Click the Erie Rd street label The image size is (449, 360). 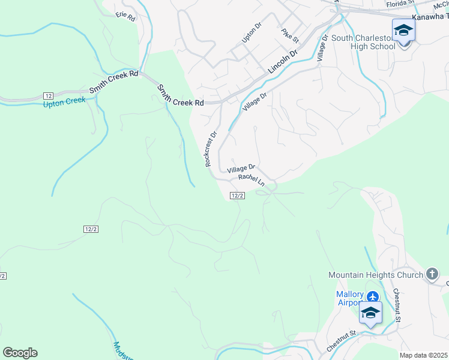click(x=126, y=16)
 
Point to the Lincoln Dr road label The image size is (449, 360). click(x=283, y=62)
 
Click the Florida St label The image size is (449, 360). click(x=400, y=3)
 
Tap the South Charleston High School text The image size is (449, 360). click(x=363, y=42)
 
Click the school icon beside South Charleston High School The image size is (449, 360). click(x=403, y=31)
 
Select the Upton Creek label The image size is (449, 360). click(x=65, y=102)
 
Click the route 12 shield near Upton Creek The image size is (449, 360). click(x=49, y=95)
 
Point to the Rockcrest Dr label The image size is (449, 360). click(x=209, y=149)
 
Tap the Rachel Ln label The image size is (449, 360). click(x=251, y=179)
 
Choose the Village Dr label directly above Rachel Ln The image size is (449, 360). click(x=241, y=169)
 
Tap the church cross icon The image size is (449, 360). click(x=432, y=275)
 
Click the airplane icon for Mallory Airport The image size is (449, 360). click(x=373, y=296)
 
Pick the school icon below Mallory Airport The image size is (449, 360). click(x=370, y=313)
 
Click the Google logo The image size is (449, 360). click(x=20, y=353)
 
